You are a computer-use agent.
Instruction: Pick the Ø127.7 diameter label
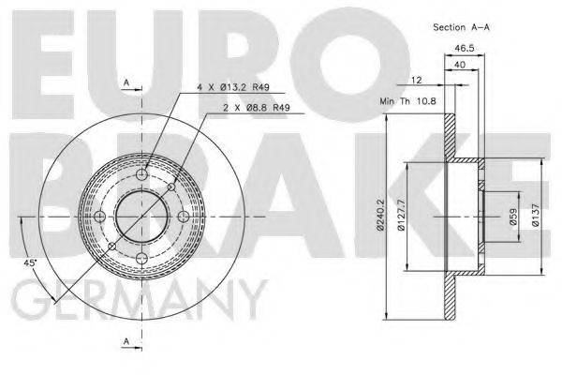(399, 216)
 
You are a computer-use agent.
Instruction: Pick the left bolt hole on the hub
(99, 217)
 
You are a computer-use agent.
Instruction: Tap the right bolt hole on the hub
(184, 217)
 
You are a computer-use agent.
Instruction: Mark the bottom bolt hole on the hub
(141, 259)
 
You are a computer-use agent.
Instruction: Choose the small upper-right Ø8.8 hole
(171, 187)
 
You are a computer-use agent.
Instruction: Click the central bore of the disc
(141, 217)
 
